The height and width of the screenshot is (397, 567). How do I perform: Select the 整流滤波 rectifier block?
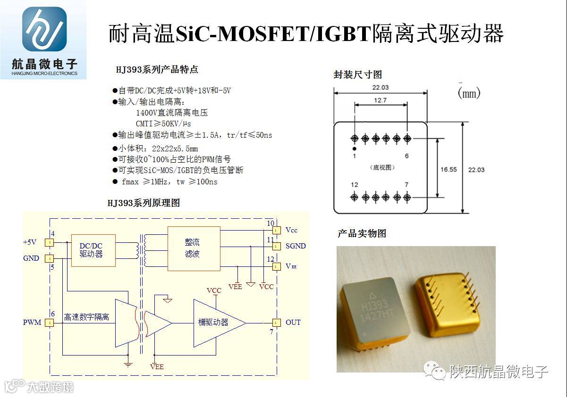[194, 248]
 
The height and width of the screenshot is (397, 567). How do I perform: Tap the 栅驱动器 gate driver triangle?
[215, 323]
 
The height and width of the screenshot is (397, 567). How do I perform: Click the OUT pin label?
[293, 323]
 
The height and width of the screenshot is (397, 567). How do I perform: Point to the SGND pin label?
[296, 246]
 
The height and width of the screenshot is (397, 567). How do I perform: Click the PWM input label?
[32, 323]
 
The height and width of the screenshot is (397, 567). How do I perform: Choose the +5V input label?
[30, 242]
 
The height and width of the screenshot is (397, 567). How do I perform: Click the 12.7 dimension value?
[380, 100]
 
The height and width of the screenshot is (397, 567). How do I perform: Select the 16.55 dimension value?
[449, 169]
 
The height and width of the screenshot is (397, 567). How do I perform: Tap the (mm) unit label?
[469, 93]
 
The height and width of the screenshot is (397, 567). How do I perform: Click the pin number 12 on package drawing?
[355, 185]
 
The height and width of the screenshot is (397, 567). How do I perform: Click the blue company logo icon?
[44, 29]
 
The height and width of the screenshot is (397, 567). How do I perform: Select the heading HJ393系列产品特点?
[157, 70]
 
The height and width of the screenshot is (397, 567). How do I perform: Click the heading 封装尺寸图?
[357, 74]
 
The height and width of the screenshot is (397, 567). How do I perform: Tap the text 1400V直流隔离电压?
[172, 113]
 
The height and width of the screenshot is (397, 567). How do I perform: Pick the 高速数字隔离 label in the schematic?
[87, 317]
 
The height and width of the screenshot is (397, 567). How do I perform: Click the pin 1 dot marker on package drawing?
[355, 149]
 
